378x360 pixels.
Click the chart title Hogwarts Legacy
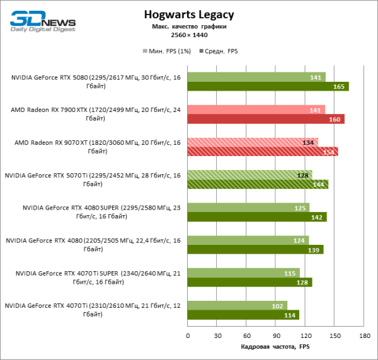pos(188,14)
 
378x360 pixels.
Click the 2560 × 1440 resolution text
pos(189,35)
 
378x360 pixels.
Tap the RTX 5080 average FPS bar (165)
pos(268,86)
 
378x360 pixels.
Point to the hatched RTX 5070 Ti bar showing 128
pos(249,175)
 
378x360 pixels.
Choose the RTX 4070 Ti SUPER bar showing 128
pos(249,282)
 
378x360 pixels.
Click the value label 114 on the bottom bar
pos(290,315)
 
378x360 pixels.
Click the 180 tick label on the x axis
pos(364,335)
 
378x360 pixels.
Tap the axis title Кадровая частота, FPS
pos(275,347)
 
